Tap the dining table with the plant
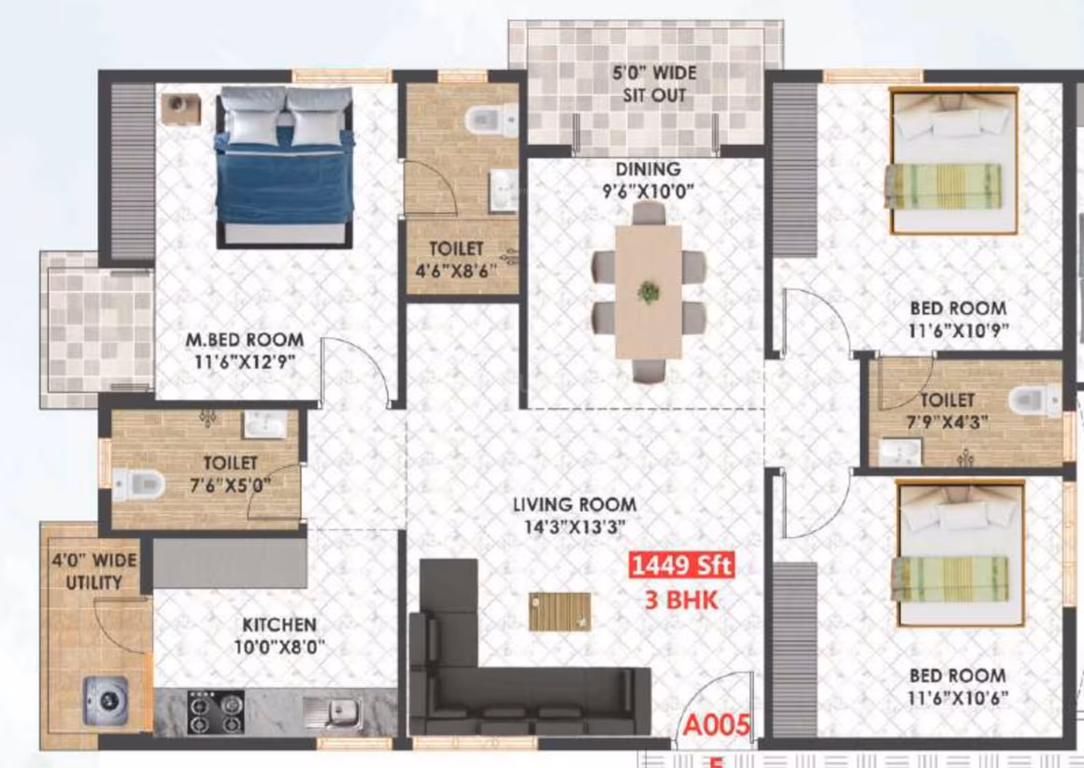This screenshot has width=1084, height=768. point(648,292)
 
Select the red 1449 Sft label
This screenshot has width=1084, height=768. point(681,565)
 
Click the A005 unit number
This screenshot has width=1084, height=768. point(716,725)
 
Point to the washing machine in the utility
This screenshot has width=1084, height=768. point(106,700)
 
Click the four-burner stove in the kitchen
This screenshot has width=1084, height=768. point(216,712)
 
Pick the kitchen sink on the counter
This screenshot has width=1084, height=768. point(334,711)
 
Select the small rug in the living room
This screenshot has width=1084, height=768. point(560,612)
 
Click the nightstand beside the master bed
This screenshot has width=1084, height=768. point(181,108)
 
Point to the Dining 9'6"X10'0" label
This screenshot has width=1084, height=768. point(649,179)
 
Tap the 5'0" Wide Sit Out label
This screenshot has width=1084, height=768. point(654,84)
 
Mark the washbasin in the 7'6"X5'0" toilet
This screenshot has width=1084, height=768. point(265,424)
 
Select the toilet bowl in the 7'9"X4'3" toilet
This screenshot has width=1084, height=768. point(1034,400)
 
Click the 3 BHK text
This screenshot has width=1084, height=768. point(681,599)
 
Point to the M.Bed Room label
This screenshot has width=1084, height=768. point(245,339)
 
